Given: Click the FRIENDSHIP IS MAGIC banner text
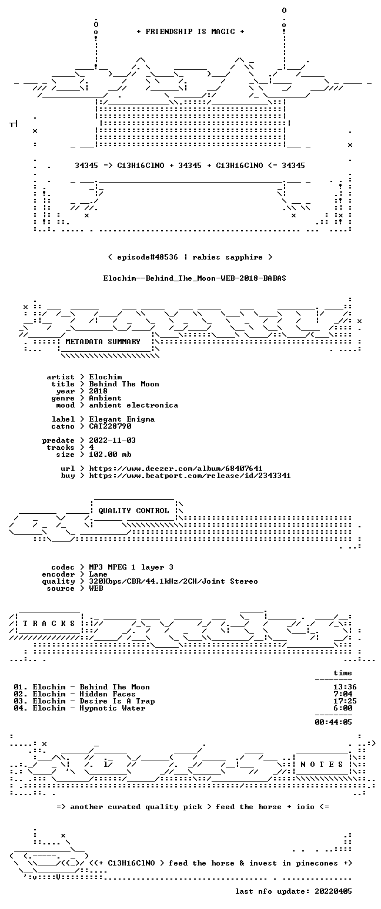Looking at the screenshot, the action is point(190,32).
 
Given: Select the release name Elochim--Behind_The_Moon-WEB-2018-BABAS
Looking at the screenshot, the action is point(195,278).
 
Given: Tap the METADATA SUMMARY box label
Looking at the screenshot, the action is point(103,342).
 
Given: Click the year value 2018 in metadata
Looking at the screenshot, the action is point(98,391).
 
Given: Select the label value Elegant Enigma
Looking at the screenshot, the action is point(122,419).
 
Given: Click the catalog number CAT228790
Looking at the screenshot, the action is point(110,426).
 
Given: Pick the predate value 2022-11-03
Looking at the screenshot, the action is point(112,440).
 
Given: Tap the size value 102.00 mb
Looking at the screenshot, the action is point(110,455).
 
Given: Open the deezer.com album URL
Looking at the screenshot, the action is point(176,469).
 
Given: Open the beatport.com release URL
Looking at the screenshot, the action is point(190,476).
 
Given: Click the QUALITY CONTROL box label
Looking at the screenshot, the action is point(133,511).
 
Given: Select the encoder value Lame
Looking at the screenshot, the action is point(98,574).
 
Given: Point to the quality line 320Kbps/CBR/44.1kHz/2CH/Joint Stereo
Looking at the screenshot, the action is point(173,581).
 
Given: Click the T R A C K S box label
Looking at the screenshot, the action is point(49,624).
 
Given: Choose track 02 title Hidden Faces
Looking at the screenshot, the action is point(108,694).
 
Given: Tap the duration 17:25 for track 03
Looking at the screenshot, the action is point(343,701).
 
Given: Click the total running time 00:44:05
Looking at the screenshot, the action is point(333,722).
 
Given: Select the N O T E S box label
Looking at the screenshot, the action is point(322,765).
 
